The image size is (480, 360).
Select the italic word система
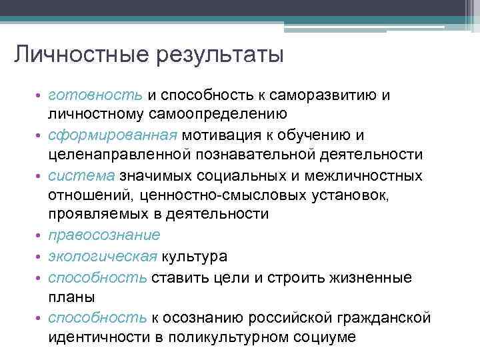pos(81,175)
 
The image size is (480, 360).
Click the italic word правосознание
pos(104,235)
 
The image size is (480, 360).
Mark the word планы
pos(69,297)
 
